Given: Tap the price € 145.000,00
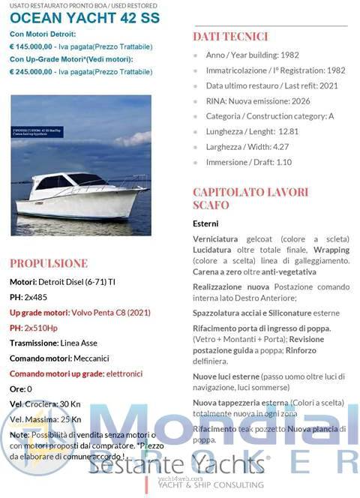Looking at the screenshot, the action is point(31,46).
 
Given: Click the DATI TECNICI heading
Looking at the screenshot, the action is point(230,36).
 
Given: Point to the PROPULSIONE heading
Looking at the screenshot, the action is point(49,263).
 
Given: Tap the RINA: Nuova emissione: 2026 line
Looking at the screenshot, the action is point(259,100).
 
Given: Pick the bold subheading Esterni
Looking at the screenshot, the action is point(205,223).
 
